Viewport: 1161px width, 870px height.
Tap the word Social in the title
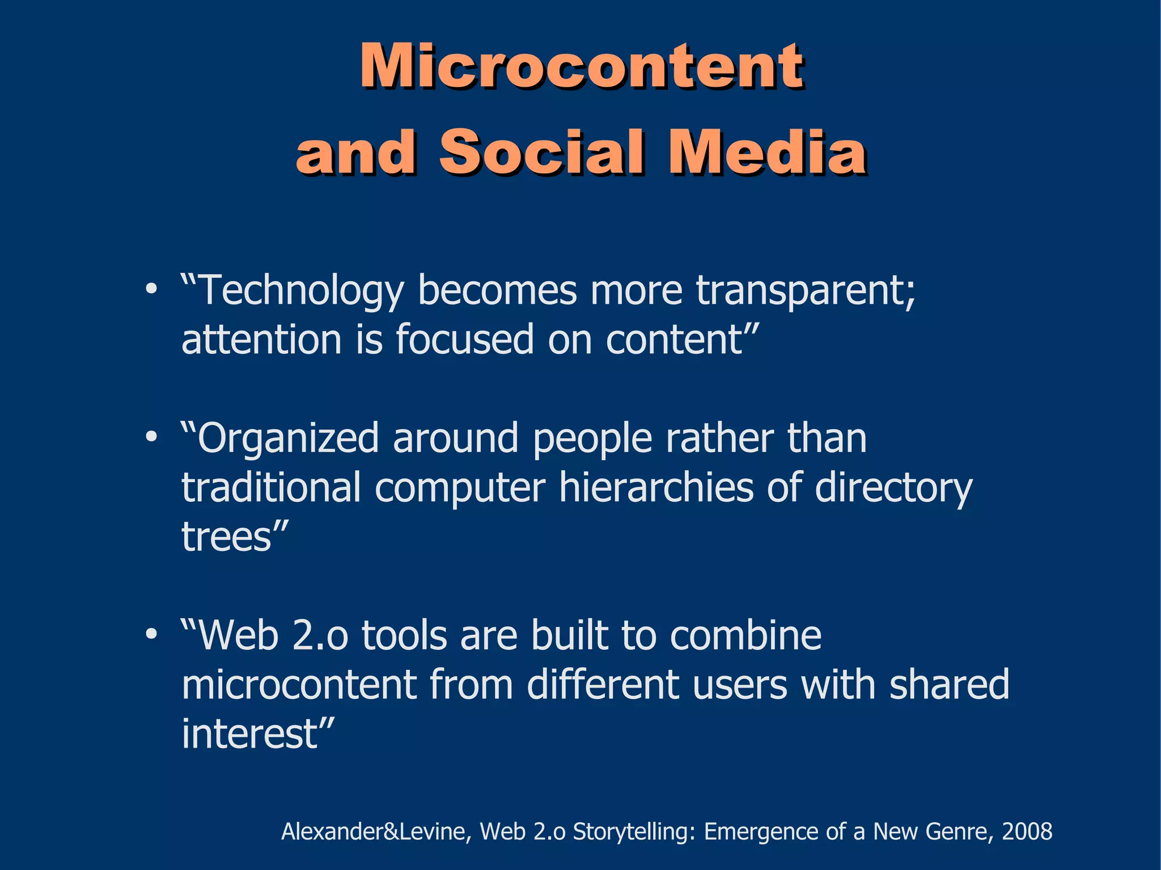(541, 152)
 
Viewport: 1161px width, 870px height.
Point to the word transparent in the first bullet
(805, 290)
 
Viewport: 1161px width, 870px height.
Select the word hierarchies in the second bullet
(656, 487)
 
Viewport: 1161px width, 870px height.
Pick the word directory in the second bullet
(893, 487)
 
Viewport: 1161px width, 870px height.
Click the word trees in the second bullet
(227, 536)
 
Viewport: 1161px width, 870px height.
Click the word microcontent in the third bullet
(299, 685)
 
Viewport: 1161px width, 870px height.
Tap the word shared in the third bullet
(949, 685)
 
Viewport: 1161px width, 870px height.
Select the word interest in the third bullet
(249, 733)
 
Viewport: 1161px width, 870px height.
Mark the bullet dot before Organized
(151, 438)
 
